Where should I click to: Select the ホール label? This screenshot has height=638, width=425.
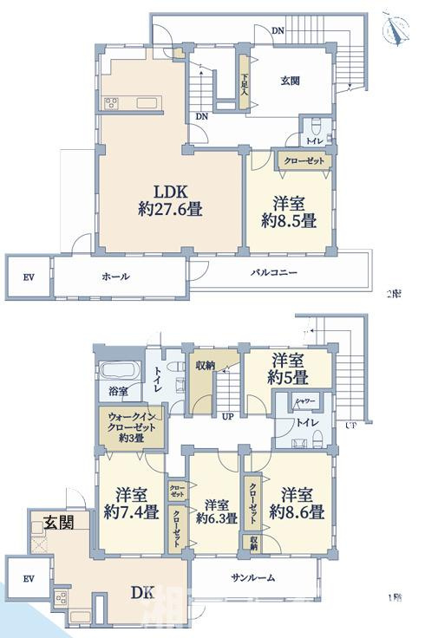point(115,277)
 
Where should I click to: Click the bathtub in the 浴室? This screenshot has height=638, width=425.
point(119,374)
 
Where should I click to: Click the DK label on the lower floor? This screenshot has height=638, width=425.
point(142,593)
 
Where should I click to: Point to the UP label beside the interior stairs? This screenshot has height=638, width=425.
point(228,416)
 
